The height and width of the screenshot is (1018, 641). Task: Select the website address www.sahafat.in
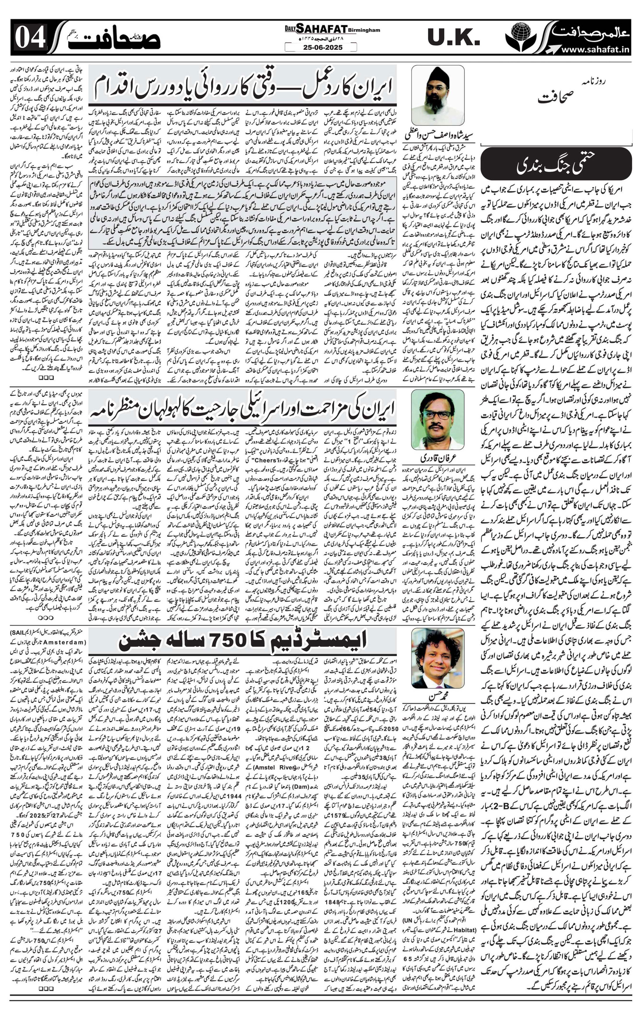[x=595, y=49]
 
